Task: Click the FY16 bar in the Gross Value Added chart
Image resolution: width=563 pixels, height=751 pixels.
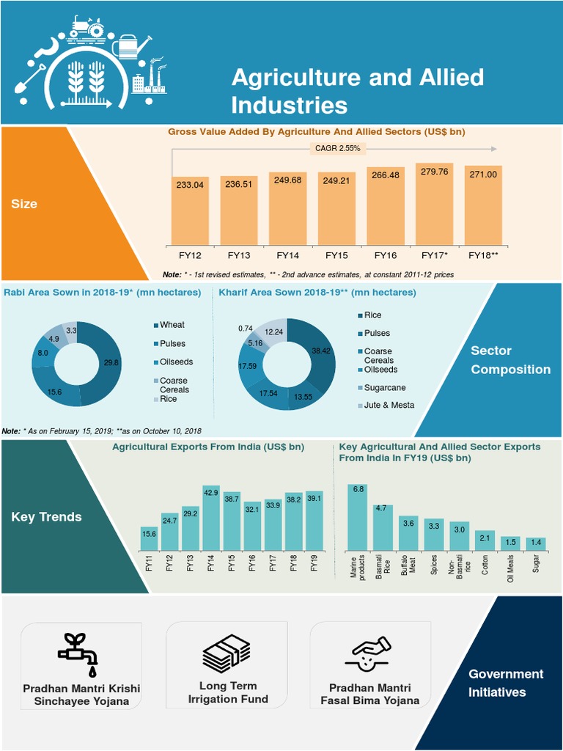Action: click(x=385, y=213)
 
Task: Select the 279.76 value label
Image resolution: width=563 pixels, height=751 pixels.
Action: click(x=433, y=172)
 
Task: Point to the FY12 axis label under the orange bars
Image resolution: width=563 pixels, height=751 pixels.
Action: click(x=190, y=255)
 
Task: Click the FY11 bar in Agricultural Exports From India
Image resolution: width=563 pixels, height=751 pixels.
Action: click(x=149, y=538)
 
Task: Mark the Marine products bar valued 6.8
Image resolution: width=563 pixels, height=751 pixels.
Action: click(x=358, y=517)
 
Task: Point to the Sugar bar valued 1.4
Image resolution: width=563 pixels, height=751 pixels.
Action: click(x=537, y=543)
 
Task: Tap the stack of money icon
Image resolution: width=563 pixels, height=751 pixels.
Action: click(x=227, y=653)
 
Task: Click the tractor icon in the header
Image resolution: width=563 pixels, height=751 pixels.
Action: click(x=88, y=27)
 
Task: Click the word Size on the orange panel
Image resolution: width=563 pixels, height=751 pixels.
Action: click(x=24, y=204)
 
